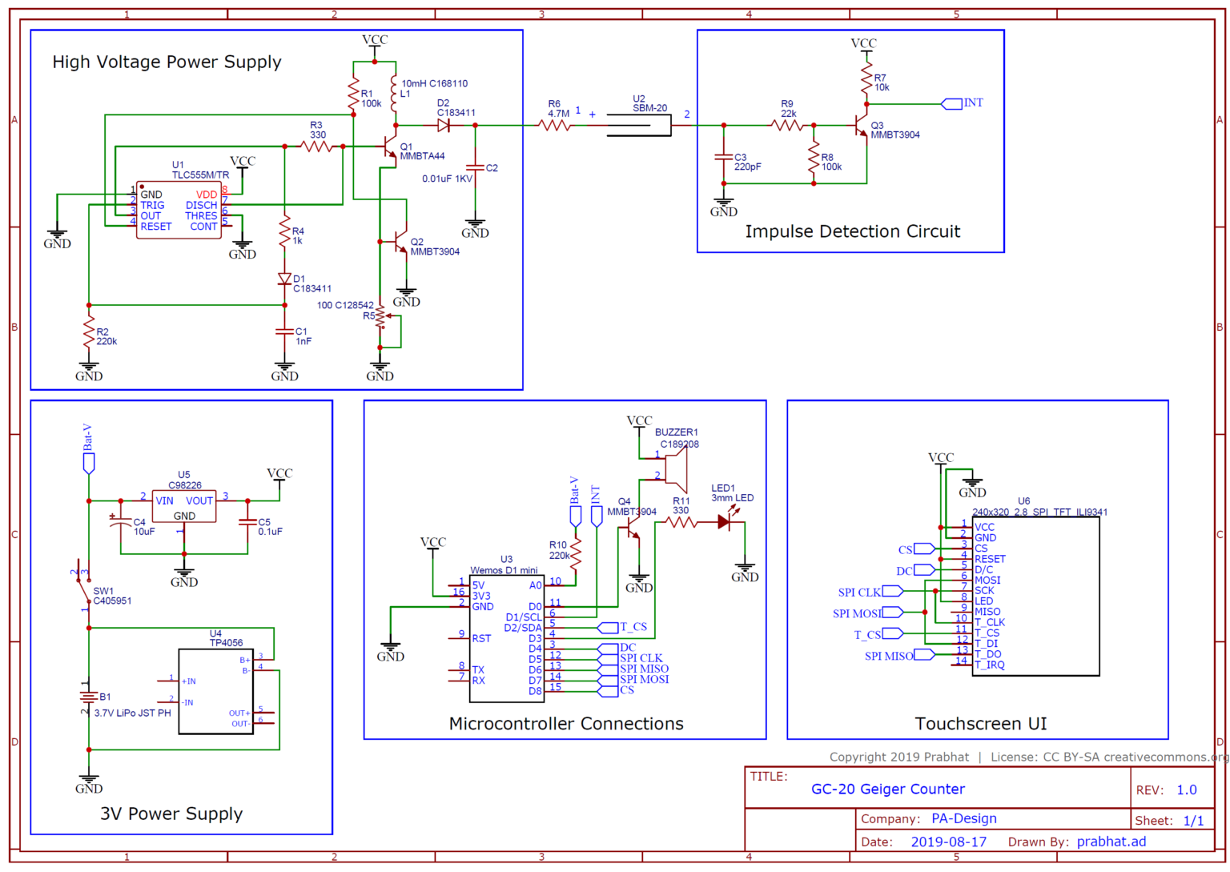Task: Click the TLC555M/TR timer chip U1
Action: click(x=179, y=210)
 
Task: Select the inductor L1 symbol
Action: click(x=393, y=94)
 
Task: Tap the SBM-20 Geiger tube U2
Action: click(x=638, y=125)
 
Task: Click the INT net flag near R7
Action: click(x=951, y=103)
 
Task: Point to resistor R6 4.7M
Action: click(x=557, y=125)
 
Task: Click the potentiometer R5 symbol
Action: click(x=380, y=317)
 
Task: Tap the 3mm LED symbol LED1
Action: click(x=724, y=522)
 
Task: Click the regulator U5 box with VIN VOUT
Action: click(x=183, y=506)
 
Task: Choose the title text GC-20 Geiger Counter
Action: click(x=887, y=790)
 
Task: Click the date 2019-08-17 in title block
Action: click(x=948, y=842)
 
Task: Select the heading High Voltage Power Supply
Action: click(x=167, y=62)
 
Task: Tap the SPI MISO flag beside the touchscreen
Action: click(x=923, y=655)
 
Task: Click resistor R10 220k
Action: click(x=576, y=551)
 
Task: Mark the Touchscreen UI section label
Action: click(x=980, y=724)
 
